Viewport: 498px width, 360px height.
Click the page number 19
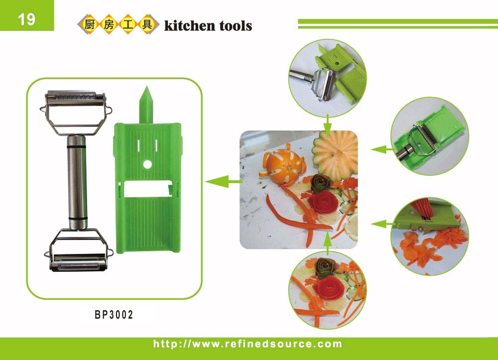click(26, 19)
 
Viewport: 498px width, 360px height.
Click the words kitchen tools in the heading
click(208, 26)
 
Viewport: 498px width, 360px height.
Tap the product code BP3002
click(114, 315)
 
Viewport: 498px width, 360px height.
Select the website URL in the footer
click(248, 344)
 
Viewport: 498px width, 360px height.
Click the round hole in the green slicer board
click(147, 164)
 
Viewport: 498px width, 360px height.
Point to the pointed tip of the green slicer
click(146, 87)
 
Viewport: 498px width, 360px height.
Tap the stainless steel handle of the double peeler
click(77, 182)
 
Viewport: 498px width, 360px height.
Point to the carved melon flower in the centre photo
click(335, 154)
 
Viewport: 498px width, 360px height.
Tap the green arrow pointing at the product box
click(224, 182)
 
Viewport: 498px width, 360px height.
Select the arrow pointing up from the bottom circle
click(328, 243)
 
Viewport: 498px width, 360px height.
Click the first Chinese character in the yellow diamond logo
click(90, 24)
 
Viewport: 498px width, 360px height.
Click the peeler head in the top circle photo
click(325, 84)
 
